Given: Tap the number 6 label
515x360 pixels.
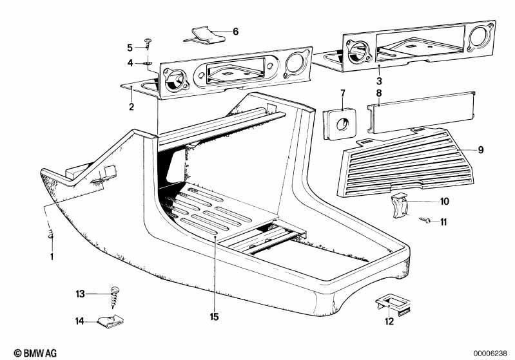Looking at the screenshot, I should click(235, 31).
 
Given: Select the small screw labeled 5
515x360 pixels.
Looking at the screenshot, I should click(148, 42).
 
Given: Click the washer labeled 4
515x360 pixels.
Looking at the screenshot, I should click(148, 62).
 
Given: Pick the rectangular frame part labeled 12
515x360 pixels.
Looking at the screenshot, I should click(392, 305).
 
